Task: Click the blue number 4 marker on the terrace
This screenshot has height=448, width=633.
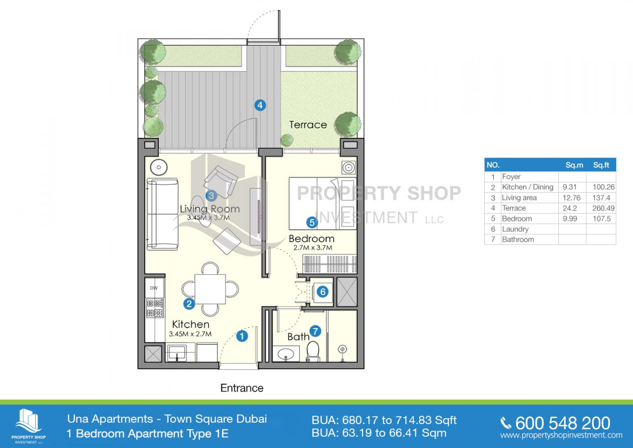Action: (260, 105)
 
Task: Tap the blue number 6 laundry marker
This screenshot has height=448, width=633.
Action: (323, 292)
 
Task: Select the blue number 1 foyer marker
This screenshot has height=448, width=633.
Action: (242, 336)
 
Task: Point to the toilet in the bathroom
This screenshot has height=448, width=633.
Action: (313, 351)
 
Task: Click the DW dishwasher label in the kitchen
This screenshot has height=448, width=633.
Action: (154, 288)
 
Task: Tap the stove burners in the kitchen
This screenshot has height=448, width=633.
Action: (155, 308)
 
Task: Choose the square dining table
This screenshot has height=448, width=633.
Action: (210, 289)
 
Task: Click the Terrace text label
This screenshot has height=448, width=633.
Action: (308, 125)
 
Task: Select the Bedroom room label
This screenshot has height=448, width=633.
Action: (311, 239)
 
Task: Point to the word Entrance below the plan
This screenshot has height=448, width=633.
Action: (242, 388)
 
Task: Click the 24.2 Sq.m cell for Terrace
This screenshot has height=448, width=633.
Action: (570, 208)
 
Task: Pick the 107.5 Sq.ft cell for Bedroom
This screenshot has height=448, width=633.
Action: (601, 219)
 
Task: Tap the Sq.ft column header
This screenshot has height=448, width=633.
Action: (601, 165)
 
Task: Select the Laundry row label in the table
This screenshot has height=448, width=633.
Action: (515, 229)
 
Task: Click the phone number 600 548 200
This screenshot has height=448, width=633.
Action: (563, 423)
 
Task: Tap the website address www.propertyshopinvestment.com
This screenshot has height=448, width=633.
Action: (561, 435)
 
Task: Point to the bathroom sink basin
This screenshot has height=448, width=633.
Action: (286, 353)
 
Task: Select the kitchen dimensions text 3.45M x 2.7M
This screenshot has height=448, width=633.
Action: (190, 334)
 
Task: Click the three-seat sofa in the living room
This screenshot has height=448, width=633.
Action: (162, 214)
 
